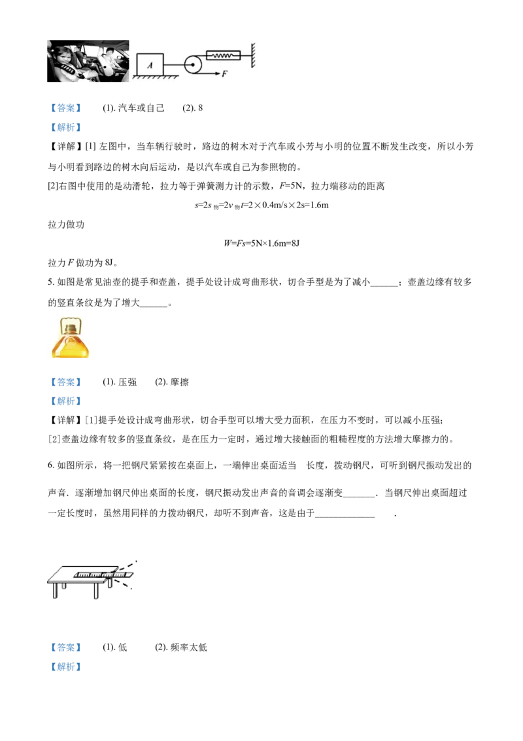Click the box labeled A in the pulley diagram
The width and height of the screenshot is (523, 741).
pos(150,65)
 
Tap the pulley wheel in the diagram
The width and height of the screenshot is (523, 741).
pos(193,64)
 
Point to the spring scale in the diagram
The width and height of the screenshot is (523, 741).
pos(223,56)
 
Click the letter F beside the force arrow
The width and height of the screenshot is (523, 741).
pos(225,74)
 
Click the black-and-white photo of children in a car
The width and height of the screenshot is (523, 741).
pos(88,61)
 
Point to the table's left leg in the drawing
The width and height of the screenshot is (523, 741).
pos(55,591)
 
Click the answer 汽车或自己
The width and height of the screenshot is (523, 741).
pos(141,108)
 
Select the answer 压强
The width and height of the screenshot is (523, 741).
pos(127,382)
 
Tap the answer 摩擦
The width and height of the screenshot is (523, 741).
pos(179,382)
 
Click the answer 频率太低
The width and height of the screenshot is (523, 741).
pos(188,647)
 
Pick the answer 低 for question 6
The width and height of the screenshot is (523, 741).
pos(123,647)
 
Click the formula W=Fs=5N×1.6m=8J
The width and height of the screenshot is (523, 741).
pos(261,244)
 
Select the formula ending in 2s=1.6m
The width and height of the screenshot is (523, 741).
pos(261,205)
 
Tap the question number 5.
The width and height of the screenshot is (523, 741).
pos(50,282)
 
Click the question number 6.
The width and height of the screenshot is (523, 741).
pos(50,465)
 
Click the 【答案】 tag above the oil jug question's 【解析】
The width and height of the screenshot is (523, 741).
pos(65,382)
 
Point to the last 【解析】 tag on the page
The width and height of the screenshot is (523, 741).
pos(65,667)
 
